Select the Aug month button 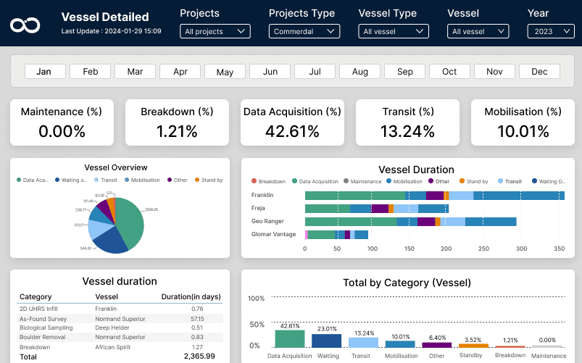click(x=359, y=72)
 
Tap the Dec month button click(x=539, y=72)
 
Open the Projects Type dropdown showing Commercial click(x=304, y=31)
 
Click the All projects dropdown click(x=215, y=31)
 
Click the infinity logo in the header click(x=25, y=25)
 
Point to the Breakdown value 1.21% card click(x=176, y=131)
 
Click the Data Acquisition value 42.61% click(x=292, y=131)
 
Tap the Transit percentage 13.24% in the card click(x=407, y=131)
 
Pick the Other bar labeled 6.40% click(x=436, y=346)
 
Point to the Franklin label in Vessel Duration click(x=262, y=196)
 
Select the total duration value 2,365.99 click(x=200, y=356)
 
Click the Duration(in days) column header click(x=191, y=297)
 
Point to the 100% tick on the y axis click(x=256, y=299)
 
